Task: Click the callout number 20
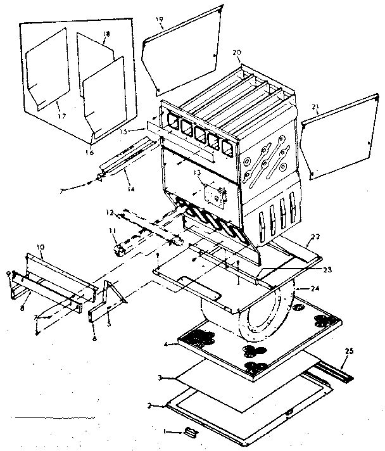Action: (x=237, y=53)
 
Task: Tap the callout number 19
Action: (x=160, y=20)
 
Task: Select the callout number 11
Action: (x=111, y=232)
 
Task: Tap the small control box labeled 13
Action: (x=215, y=196)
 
